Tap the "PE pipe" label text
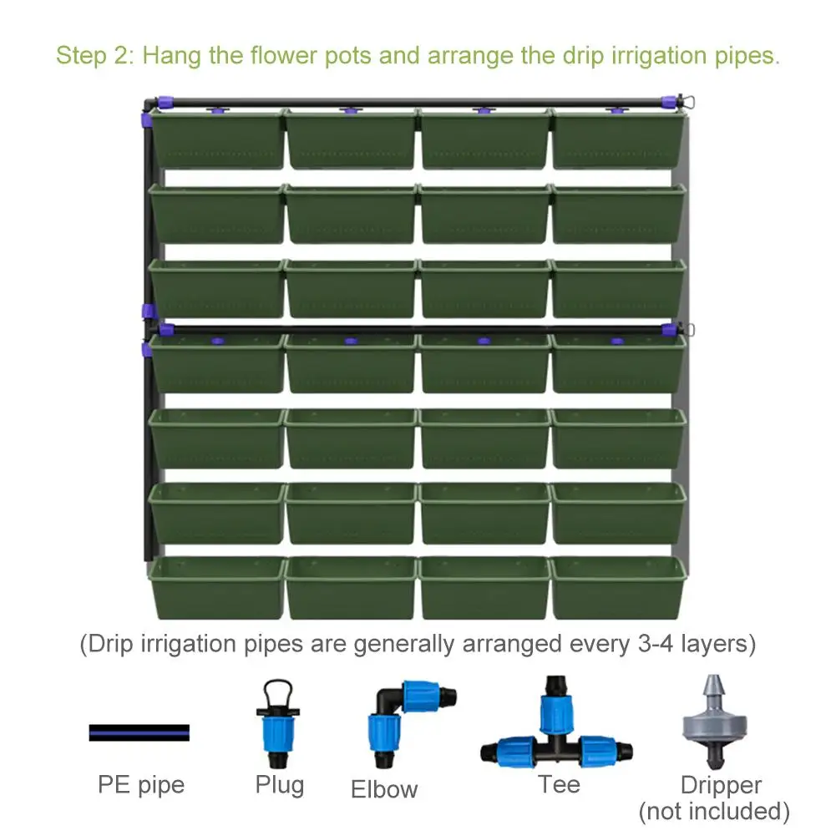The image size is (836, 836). [141, 784]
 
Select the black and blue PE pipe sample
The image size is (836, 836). [139, 733]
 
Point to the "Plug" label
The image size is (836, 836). [280, 785]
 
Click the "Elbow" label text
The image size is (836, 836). [384, 789]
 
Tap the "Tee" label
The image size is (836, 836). [559, 785]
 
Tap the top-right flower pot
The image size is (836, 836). [618, 139]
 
